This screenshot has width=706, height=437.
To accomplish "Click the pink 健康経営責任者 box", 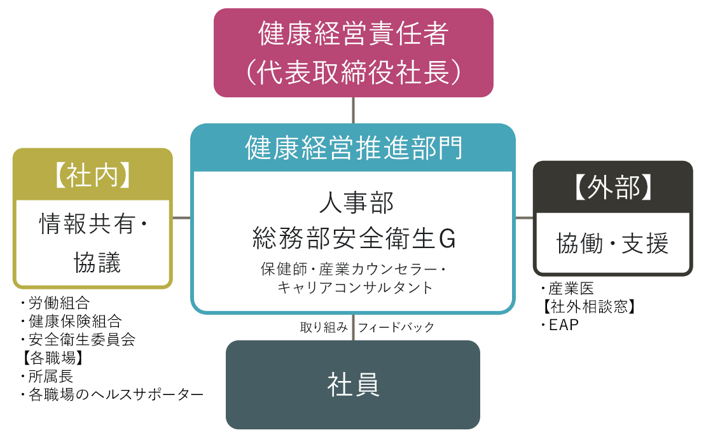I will [353, 53].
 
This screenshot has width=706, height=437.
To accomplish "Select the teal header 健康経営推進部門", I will [353, 148].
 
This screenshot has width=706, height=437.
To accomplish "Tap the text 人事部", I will [353, 205].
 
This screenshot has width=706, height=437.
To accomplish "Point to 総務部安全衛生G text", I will [353, 239].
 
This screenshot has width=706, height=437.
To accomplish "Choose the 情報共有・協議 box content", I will [93, 242].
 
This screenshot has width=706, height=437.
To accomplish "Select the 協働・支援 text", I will [613, 244].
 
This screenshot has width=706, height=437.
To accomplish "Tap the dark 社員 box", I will [353, 385].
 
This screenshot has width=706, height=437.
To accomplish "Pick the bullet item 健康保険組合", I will [70, 321].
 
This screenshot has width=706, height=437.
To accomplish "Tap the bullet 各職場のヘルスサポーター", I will [112, 395].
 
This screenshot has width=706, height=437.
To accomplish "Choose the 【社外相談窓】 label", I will [588, 307].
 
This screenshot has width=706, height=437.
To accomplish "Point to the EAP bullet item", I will [560, 326].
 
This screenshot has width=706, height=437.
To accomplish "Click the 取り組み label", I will [324, 328].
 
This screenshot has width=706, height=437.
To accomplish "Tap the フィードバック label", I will [396, 328].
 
